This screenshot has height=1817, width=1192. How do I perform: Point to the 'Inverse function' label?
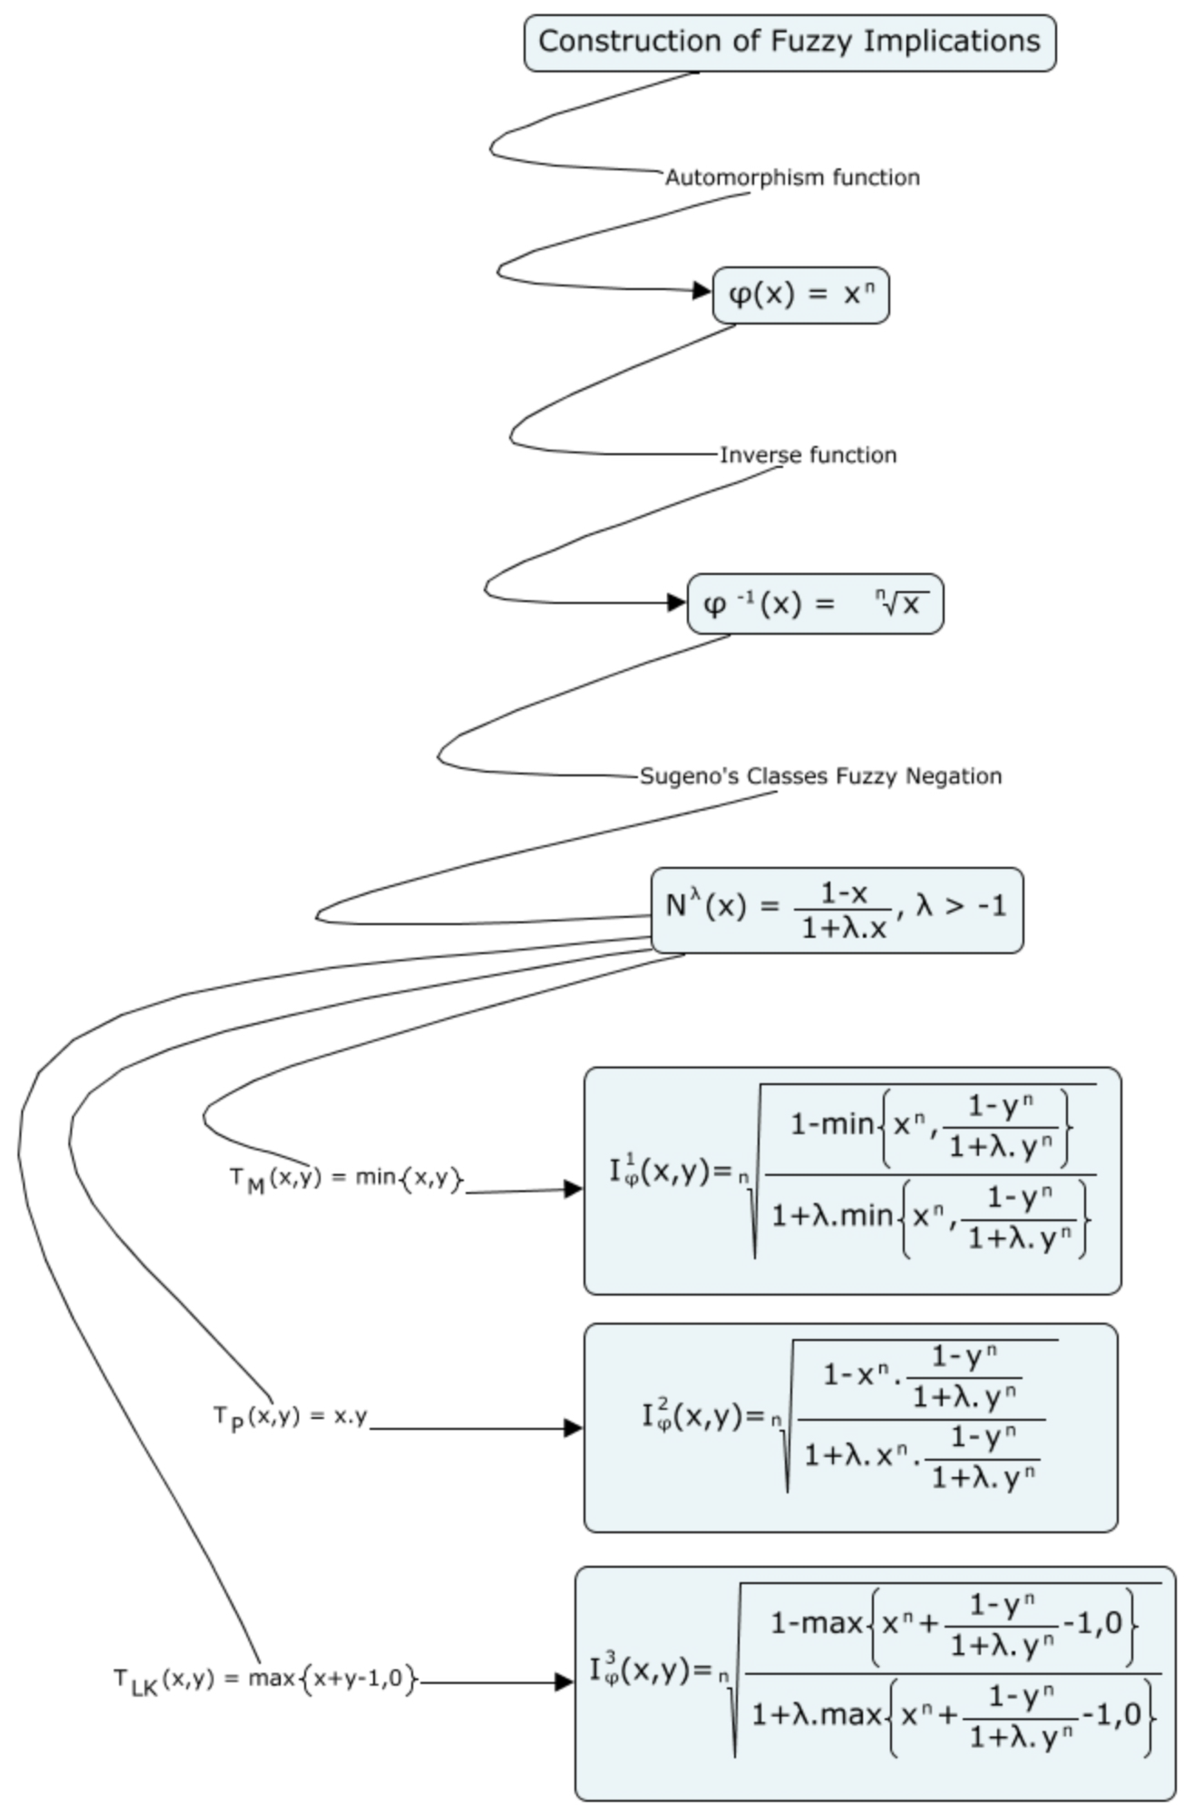[x=808, y=455]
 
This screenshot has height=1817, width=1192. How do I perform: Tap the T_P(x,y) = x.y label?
[x=290, y=1417]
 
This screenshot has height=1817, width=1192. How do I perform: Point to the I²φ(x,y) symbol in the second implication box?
[x=702, y=1417]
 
